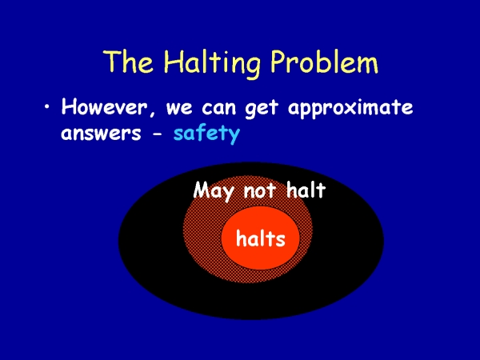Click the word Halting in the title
coord(212,62)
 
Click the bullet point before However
coord(47,106)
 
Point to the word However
coord(104,106)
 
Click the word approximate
coord(350,109)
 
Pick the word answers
coord(101,134)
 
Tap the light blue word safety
coord(206,134)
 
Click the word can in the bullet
coord(219,109)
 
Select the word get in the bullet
coord(262,110)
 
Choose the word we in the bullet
coord(179,109)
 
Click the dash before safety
coord(158,134)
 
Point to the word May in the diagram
coord(214,191)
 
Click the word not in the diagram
coord(259,190)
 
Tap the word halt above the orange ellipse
coord(306,190)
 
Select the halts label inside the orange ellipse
coord(261,238)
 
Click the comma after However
coord(152,115)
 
